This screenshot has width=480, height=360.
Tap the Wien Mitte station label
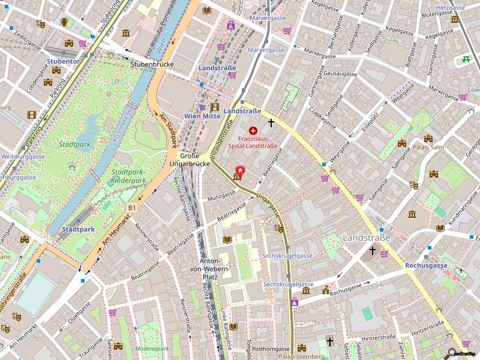point(202,116)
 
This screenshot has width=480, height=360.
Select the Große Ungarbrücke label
point(189,159)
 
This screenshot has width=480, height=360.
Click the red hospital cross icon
point(253,130)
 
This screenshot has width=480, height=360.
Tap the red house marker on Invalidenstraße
point(241,170)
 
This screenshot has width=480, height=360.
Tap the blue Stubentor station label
point(62,61)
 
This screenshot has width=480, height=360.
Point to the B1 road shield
point(131,207)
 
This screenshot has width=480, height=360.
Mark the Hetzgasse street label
point(452,7)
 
